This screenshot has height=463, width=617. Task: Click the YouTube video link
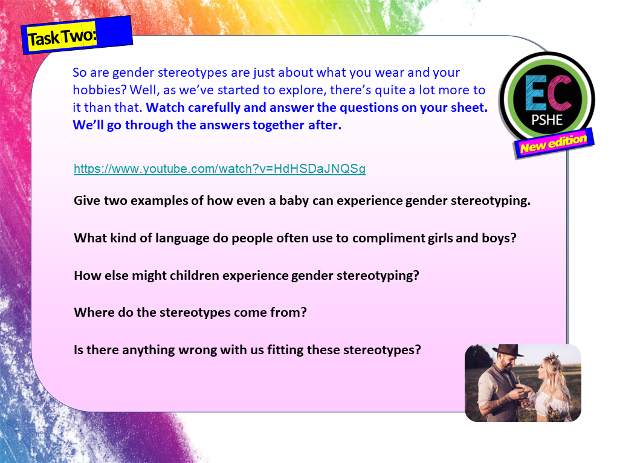pos(219,169)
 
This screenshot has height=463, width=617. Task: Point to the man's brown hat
pos(508,351)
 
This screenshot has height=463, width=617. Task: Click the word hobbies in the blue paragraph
pos(94,90)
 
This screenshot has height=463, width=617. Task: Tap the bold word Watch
pos(164,108)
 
